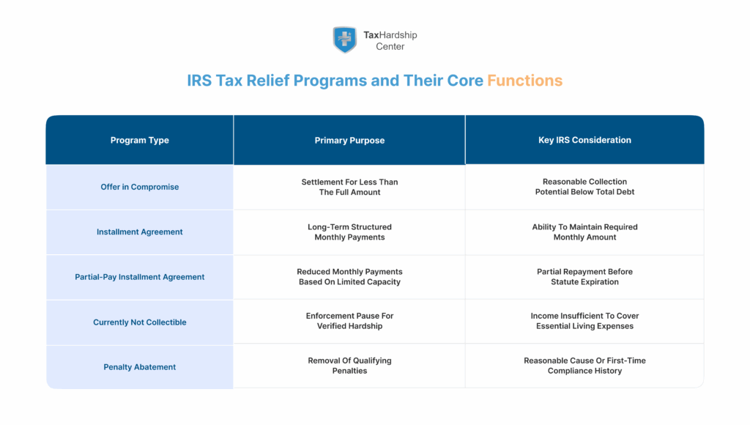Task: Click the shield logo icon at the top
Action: coord(344,40)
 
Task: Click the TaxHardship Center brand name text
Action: coord(390,40)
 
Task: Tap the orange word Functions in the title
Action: coord(524,81)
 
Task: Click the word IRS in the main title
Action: coord(199,81)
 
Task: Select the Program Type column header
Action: coord(139,140)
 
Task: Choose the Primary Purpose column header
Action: coord(349,140)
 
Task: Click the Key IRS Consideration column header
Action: coord(584,140)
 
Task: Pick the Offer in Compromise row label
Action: coord(139,187)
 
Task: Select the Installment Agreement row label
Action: coord(139,232)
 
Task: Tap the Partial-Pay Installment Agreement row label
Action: coord(139,277)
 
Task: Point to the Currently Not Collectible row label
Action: coord(139,322)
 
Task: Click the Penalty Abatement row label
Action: coord(139,367)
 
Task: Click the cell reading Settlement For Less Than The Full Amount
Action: coord(349,187)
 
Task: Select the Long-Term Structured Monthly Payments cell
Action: coord(349,232)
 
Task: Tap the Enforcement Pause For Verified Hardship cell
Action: coord(349,321)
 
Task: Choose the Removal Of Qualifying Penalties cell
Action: coord(349,366)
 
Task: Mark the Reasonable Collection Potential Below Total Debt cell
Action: coord(584,187)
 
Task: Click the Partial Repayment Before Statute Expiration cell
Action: coord(584,277)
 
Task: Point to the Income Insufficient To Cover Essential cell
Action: coord(584,321)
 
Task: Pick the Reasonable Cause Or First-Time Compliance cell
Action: coord(584,366)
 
